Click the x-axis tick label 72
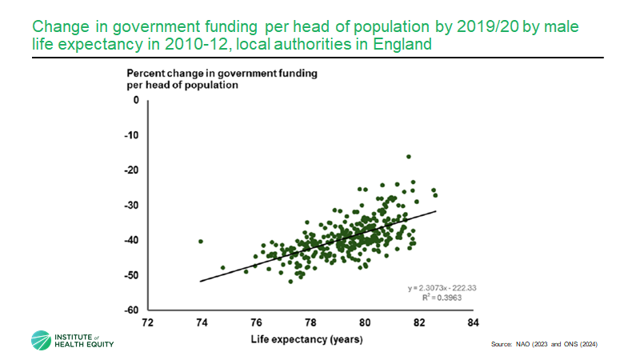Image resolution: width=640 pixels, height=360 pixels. coord(146,323)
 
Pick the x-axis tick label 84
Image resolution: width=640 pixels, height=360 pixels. coord(473,323)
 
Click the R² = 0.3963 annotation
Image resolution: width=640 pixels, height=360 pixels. coord(442,297)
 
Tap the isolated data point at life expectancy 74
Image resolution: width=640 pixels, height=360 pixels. coord(201,241)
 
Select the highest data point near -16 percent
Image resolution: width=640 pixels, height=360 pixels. coord(409,157)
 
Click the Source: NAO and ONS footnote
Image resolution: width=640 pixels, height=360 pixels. coord(544,343)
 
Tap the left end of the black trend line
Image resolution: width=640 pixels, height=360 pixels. coord(201,281)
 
